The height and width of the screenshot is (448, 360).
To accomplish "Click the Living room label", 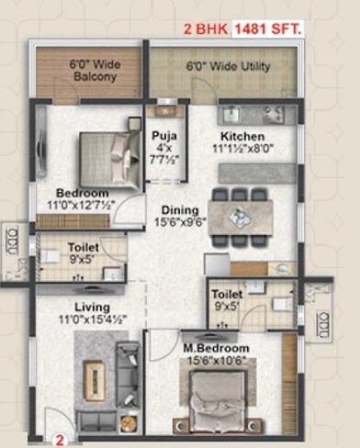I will point(93,307).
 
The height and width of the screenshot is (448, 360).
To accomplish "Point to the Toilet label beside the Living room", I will point(83,247).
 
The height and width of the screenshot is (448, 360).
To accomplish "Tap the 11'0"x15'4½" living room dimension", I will point(93,319).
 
